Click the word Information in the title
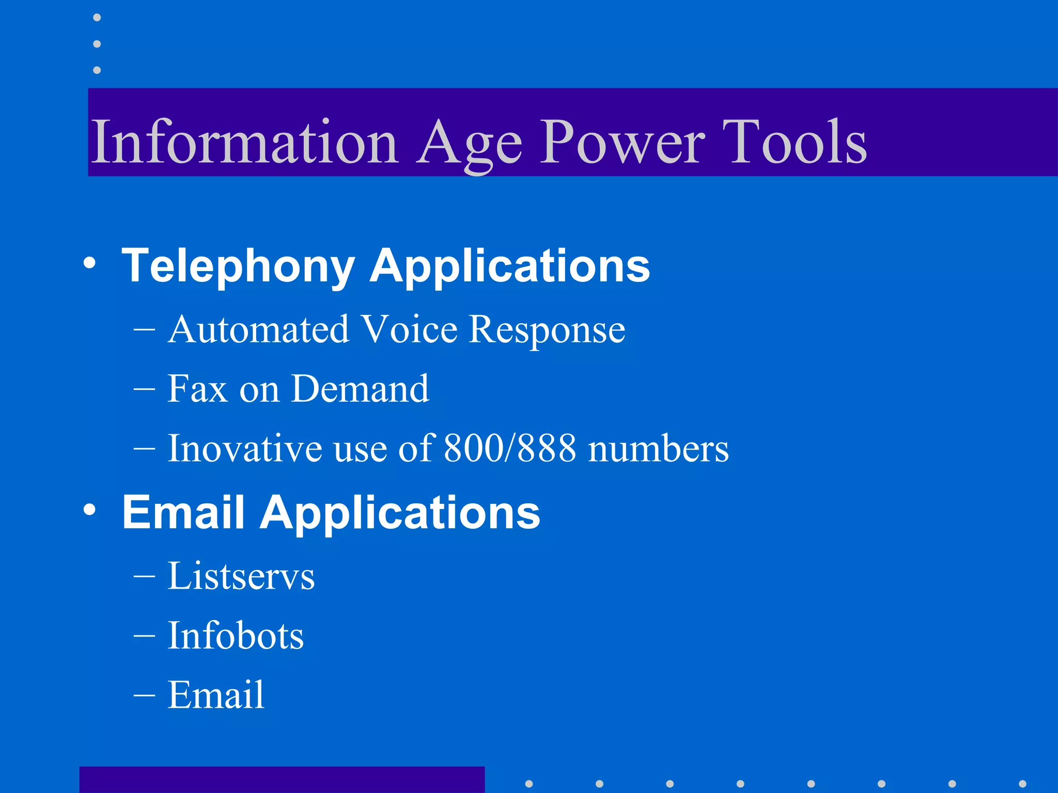point(244,141)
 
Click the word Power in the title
point(622,141)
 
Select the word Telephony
point(238,266)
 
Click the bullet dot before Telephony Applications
point(89,263)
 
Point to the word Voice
point(409,329)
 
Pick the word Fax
point(197,389)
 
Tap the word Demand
point(360,389)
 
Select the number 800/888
point(509,448)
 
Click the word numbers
point(659,448)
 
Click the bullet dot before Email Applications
point(89,510)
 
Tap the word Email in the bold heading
point(183,512)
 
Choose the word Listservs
point(241,576)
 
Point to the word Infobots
point(236,636)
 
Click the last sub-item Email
point(216,695)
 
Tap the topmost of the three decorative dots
point(97,18)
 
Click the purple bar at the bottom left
point(282,780)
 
